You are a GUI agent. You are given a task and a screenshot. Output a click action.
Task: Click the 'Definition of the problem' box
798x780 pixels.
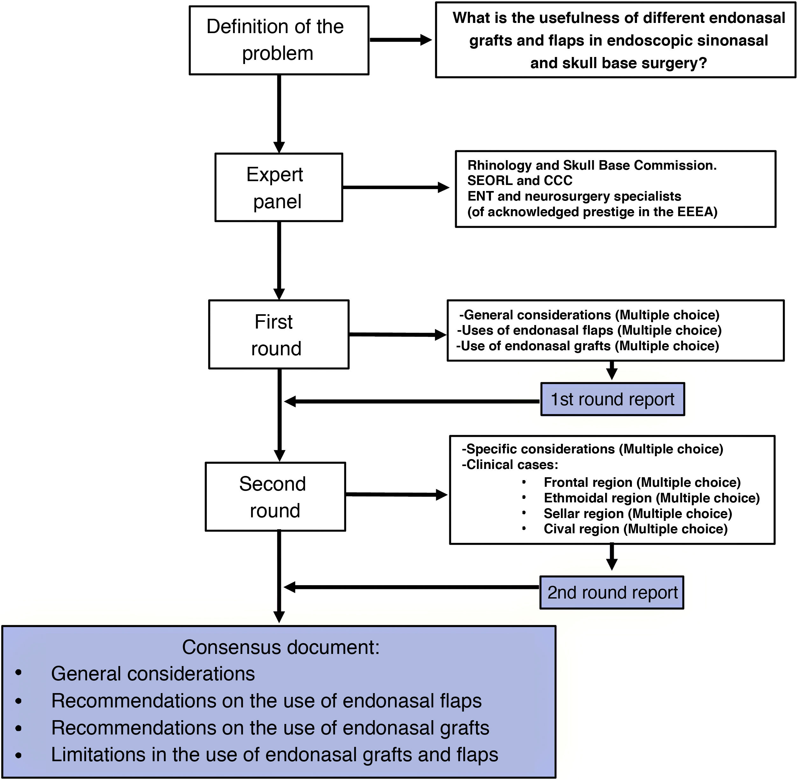pyautogui.click(x=279, y=40)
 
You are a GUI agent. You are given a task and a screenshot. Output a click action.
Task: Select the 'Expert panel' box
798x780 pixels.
pyautogui.click(x=279, y=187)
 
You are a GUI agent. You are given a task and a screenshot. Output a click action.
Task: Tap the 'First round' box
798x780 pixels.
pyautogui.click(x=279, y=334)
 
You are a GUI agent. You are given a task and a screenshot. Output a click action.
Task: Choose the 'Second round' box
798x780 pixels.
pyautogui.click(x=276, y=497)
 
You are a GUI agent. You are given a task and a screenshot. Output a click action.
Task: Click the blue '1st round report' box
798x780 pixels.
pyautogui.click(x=612, y=399)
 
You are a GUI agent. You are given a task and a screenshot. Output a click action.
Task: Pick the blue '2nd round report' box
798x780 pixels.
pyautogui.click(x=612, y=592)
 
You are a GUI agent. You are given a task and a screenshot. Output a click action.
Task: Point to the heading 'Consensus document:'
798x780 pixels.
pyautogui.click(x=281, y=647)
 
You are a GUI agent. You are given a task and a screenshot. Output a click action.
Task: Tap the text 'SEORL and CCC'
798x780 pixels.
pyautogui.click(x=520, y=180)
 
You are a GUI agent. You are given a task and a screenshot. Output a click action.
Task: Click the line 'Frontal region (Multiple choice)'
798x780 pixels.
pyautogui.click(x=642, y=483)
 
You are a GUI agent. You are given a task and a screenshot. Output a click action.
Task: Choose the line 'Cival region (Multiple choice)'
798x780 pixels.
pyautogui.click(x=635, y=529)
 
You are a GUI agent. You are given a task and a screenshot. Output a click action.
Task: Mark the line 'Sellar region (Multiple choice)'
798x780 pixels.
pyautogui.click(x=638, y=513)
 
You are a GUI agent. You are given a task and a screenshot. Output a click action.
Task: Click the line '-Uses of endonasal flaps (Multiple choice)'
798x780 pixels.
pyautogui.click(x=589, y=330)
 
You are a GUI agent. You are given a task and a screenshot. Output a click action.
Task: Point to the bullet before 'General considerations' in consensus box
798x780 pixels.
pyautogui.click(x=18, y=673)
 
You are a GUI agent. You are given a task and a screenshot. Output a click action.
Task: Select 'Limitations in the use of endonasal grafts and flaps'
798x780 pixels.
pyautogui.click(x=275, y=755)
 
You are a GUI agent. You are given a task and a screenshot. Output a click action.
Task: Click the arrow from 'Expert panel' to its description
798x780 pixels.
pyautogui.click(x=396, y=187)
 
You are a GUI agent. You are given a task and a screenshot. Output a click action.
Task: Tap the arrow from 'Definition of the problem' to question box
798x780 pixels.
pyautogui.click(x=401, y=40)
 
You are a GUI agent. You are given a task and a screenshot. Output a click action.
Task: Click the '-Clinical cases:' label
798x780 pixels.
pyautogui.click(x=510, y=464)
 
